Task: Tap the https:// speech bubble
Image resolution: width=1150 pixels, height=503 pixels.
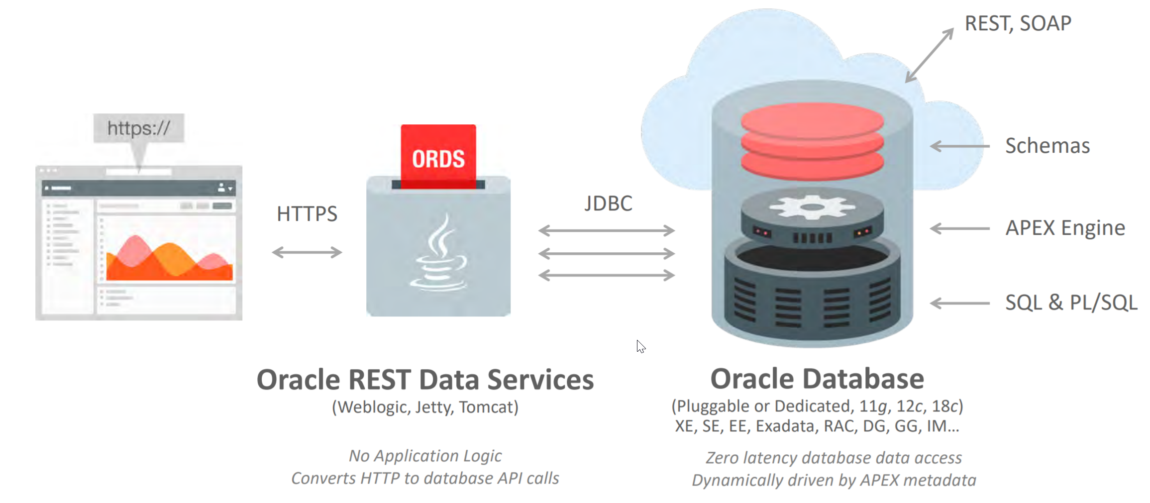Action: [x=139, y=128]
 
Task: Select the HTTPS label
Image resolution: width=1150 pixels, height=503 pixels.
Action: [x=307, y=214]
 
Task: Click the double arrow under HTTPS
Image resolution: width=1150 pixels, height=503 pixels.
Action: [x=307, y=252]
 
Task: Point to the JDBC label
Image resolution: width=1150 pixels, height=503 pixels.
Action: [x=608, y=203]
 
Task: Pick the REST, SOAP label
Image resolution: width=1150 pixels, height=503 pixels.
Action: [x=1018, y=23]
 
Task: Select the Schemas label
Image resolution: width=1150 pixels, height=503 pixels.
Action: [x=1047, y=146]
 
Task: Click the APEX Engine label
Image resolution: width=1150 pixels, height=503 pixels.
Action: [x=1065, y=228]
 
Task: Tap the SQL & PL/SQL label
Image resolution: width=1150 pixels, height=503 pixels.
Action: [x=1071, y=302]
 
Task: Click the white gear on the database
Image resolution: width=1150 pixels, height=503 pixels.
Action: [x=812, y=206]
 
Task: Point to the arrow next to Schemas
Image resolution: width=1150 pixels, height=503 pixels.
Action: [x=959, y=146]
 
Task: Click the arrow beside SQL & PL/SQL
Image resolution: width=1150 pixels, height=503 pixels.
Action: [x=959, y=303]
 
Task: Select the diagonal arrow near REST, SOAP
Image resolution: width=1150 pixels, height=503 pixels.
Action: [x=929, y=55]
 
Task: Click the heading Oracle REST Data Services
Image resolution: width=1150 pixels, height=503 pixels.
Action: [x=425, y=380]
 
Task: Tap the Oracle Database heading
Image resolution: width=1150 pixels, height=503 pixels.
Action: [x=817, y=379]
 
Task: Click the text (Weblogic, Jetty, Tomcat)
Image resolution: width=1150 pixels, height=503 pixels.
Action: [x=425, y=407]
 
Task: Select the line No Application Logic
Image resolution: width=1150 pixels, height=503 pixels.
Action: [x=425, y=456]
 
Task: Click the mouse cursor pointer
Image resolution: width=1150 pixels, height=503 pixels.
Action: [x=640, y=346]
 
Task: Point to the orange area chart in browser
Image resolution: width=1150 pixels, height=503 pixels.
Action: [x=169, y=261]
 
